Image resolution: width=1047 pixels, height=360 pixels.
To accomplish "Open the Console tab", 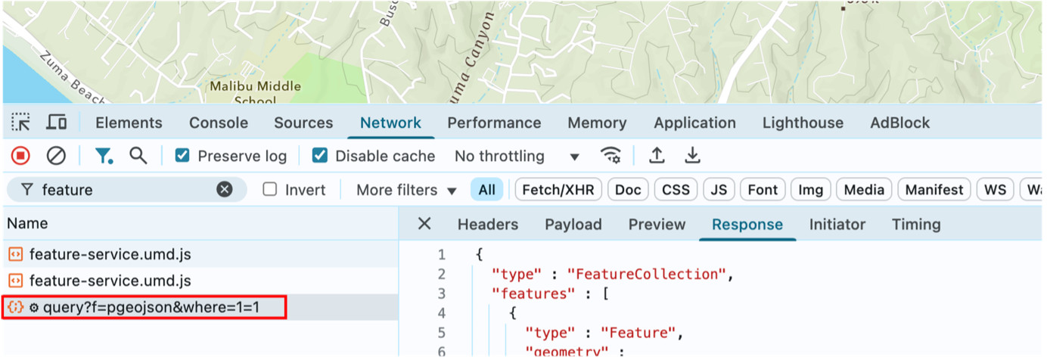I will (x=218, y=123).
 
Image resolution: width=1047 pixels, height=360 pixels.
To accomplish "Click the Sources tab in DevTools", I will (x=303, y=123).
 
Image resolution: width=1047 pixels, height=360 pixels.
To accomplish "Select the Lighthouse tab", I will (x=803, y=123).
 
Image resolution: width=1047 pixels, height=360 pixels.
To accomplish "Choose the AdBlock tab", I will (x=900, y=123).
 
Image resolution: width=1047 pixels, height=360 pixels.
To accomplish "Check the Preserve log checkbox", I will (x=182, y=156).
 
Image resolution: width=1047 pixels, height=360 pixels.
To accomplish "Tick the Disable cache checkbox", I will (x=320, y=156).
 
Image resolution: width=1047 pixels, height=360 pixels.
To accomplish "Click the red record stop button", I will (x=20, y=156).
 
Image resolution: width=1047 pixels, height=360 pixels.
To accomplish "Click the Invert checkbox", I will (x=270, y=190).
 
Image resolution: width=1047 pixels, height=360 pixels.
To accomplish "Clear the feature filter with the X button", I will (x=225, y=190).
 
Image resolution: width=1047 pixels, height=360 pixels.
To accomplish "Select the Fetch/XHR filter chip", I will (x=557, y=190).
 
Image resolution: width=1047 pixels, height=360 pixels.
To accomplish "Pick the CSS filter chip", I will (x=676, y=190).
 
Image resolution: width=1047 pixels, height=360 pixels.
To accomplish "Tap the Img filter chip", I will (x=811, y=190).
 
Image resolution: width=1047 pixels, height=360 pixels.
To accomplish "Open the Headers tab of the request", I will (x=488, y=225).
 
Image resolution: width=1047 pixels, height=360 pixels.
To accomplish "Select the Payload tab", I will (x=573, y=225).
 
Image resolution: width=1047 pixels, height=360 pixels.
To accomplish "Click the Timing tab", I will (x=916, y=225).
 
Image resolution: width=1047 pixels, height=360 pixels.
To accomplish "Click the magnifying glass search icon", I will (x=138, y=156).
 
